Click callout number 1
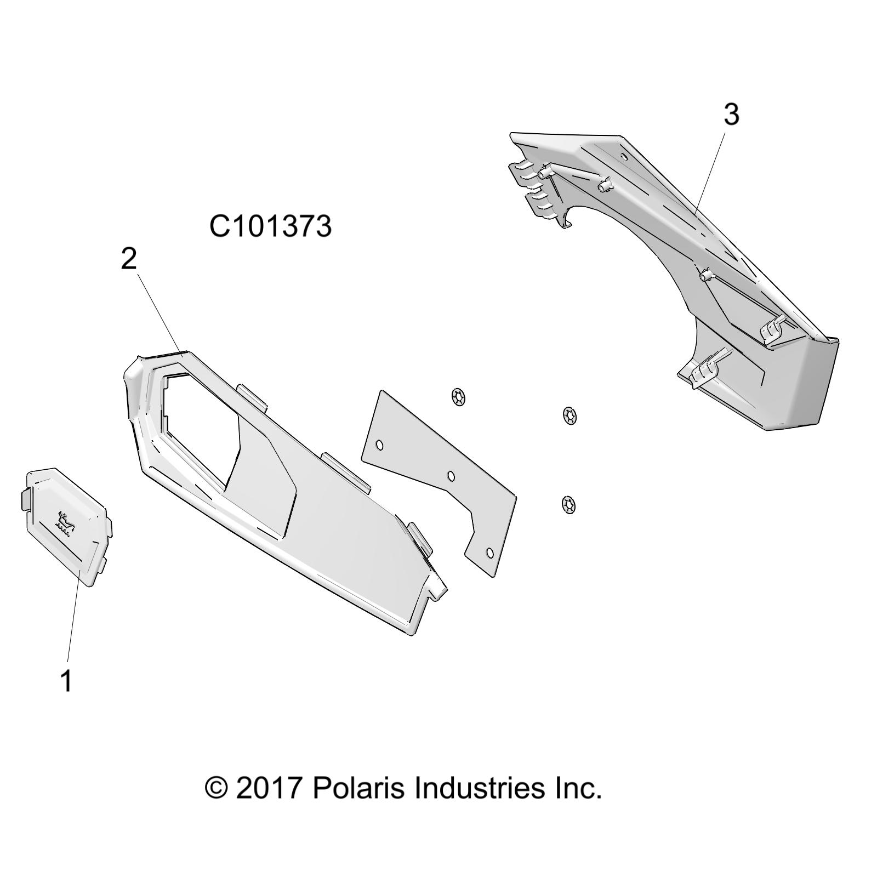click(66, 680)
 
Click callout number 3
click(731, 114)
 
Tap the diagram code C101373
click(270, 226)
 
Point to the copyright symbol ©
click(217, 788)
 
